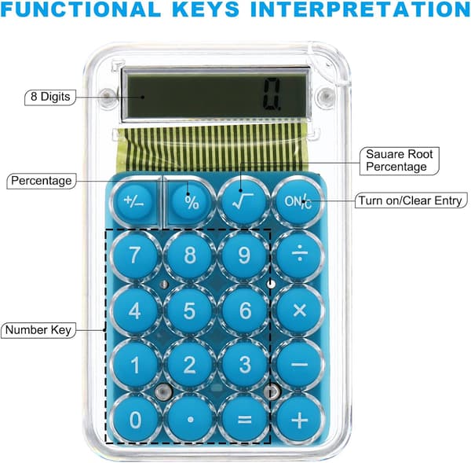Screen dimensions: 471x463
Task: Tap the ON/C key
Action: coord(298,201)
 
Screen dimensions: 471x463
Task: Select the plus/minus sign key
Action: coord(134,201)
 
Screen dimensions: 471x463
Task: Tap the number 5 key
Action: coord(189,311)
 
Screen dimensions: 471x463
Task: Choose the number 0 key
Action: coord(135,419)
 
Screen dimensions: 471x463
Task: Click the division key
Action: coord(300,255)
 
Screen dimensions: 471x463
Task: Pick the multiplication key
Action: coord(300,310)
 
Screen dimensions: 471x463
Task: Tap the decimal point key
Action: coord(190,419)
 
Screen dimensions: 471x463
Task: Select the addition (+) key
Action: coord(300,419)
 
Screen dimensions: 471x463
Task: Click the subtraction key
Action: coord(300,364)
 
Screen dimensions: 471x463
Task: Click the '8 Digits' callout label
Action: coord(50,97)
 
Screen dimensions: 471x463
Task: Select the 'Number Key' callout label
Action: coord(38,330)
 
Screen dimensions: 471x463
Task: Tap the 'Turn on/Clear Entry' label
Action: coord(411,200)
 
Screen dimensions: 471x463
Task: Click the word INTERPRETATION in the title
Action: coord(360,9)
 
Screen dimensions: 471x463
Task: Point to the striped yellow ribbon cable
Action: coord(216,148)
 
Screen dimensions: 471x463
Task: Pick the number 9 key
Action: coord(244,255)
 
